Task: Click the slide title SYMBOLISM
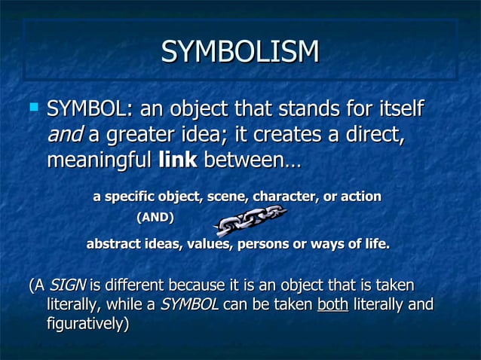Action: tap(240, 52)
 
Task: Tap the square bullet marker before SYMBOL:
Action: tap(32, 109)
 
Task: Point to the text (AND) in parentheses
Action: tap(154, 218)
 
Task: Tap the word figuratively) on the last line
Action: tap(87, 324)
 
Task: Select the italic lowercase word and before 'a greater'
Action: tap(65, 136)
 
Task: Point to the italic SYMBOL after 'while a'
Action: tap(189, 305)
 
